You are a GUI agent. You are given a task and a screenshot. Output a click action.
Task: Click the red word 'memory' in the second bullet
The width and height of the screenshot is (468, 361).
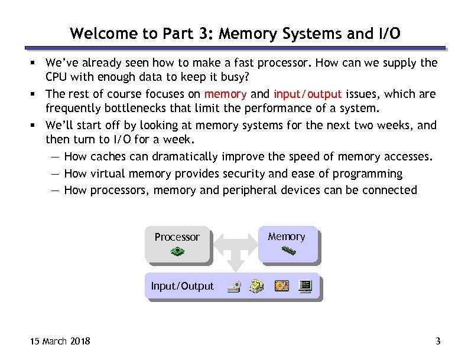(225, 94)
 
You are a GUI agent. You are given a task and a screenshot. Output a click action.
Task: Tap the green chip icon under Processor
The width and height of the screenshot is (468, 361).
(177, 252)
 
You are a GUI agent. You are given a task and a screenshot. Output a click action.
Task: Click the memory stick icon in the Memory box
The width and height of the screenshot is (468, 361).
(288, 251)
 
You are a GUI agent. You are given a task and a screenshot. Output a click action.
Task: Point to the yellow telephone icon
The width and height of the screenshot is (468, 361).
(257, 286)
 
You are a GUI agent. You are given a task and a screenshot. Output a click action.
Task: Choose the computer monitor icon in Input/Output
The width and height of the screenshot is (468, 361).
(305, 287)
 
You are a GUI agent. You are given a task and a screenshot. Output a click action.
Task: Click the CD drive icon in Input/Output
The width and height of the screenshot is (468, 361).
(235, 287)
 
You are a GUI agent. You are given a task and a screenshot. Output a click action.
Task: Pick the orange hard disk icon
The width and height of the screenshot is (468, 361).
(281, 286)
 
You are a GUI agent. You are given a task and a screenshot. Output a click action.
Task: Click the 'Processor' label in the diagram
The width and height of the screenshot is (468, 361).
(177, 237)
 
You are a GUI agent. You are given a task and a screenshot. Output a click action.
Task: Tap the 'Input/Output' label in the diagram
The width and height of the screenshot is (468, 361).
(182, 287)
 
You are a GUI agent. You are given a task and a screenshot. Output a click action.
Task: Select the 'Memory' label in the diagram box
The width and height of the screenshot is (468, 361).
(287, 237)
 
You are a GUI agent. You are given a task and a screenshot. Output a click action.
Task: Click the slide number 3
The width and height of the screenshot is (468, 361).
(438, 342)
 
